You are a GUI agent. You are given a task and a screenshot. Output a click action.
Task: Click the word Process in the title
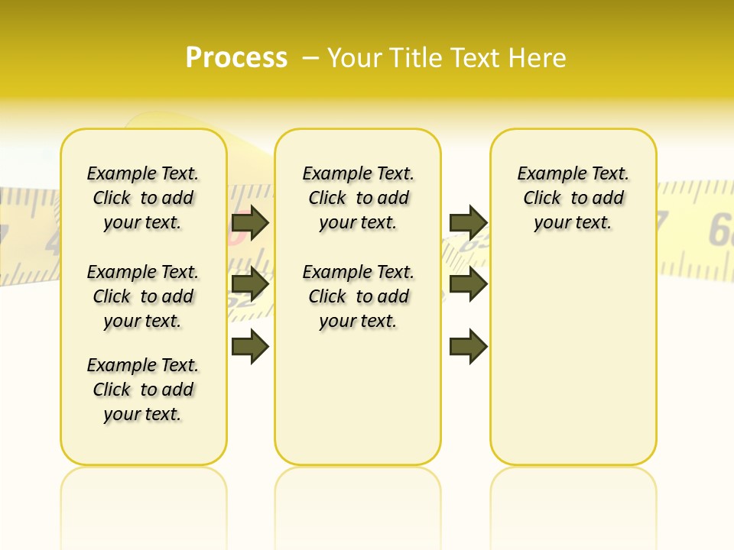coord(236,58)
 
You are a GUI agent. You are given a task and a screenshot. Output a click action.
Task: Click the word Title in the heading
coord(418,58)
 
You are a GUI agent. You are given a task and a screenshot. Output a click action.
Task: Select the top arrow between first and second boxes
coord(250,222)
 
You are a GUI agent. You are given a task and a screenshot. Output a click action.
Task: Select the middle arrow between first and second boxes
coord(250,284)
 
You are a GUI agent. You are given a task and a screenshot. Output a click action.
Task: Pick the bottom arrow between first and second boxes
coord(250,347)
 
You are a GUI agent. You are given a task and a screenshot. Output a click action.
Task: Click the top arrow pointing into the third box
coord(468,222)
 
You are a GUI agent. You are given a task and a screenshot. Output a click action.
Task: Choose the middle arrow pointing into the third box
coord(468,284)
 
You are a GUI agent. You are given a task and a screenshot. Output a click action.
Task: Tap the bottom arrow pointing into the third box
coord(468,347)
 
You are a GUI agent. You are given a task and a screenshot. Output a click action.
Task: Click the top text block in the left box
coord(143,198)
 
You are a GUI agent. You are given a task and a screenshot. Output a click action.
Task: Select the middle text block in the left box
coord(143,296)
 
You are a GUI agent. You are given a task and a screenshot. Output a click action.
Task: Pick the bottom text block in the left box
coord(143,390)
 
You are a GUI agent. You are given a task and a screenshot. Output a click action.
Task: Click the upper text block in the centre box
coord(359,198)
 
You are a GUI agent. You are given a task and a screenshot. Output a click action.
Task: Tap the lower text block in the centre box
coord(359,296)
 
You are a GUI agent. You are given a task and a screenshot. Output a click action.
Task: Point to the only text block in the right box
coord(573,198)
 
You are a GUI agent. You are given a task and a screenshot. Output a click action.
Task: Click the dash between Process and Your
coord(311,58)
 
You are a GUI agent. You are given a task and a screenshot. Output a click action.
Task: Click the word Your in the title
coord(356,58)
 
